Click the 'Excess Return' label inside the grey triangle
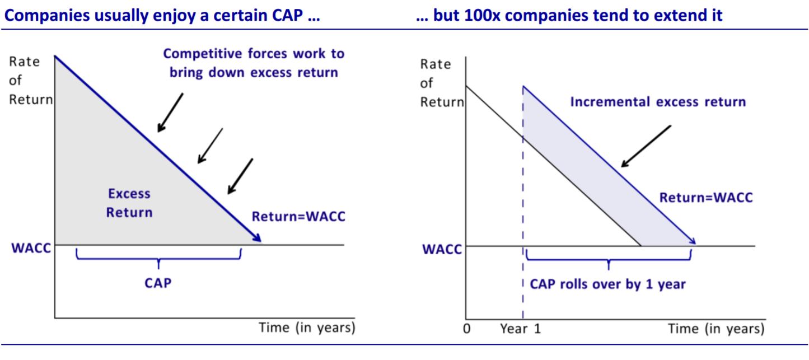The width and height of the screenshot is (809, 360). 129,203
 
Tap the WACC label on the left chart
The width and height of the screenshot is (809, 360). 31,248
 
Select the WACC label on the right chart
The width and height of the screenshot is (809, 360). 442,249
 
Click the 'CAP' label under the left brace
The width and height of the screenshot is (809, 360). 158,283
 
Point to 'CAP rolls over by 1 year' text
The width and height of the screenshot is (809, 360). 607,284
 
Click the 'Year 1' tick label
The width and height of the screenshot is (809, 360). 521,329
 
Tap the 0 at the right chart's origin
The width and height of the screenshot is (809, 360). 466,329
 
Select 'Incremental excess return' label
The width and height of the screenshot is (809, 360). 658,102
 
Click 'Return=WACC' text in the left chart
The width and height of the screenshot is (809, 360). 298,216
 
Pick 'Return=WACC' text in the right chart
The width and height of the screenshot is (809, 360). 706,198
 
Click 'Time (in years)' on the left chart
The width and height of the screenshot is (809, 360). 307,328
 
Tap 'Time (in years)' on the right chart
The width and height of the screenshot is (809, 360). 716,329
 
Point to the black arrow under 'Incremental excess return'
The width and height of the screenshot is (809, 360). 646,146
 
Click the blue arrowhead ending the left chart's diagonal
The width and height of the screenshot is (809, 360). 257,237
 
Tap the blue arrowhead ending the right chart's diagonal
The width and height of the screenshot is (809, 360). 692,240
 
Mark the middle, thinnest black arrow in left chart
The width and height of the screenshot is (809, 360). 210,146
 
